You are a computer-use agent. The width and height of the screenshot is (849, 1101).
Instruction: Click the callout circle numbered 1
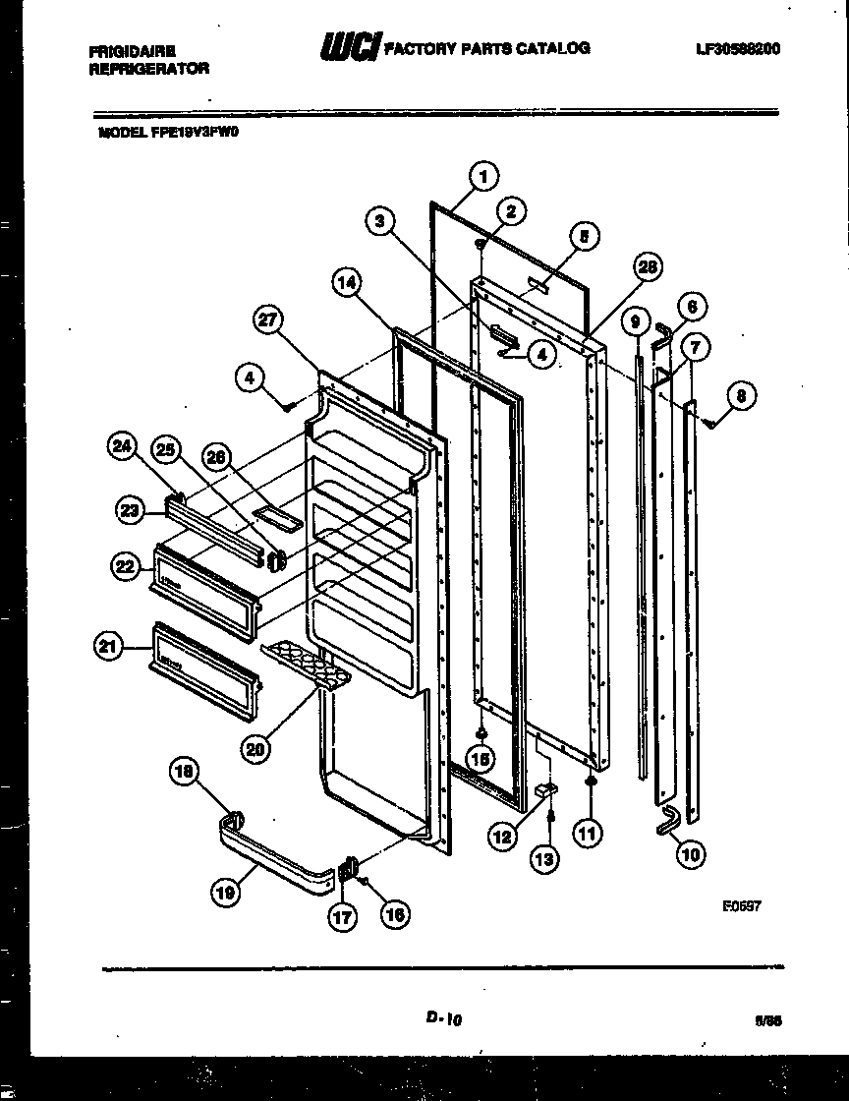coord(481,177)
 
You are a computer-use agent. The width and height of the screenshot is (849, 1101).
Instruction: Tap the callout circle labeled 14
coord(345,285)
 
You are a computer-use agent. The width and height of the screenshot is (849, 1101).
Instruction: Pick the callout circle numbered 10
coord(691,854)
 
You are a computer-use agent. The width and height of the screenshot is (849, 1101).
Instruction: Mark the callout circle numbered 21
coord(109,646)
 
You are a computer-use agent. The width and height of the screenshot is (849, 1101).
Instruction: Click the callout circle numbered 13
coord(543,858)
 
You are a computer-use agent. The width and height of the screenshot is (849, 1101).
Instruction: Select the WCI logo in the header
coord(348,47)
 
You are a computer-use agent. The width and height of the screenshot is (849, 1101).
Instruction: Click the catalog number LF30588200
coord(736,48)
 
